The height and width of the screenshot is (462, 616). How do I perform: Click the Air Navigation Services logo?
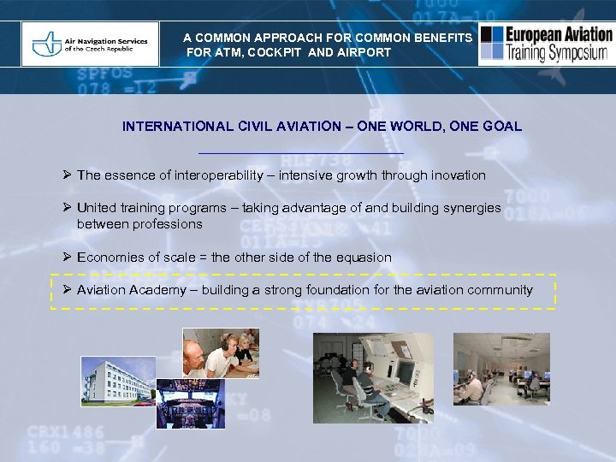(x=90, y=44)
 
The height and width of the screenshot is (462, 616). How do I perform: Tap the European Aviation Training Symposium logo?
(x=546, y=44)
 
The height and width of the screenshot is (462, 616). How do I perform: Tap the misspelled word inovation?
(x=454, y=175)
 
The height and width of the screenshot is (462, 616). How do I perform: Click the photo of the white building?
(x=118, y=382)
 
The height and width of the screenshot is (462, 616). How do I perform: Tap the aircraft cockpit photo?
(x=190, y=403)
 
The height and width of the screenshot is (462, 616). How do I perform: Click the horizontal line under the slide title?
(x=300, y=152)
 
